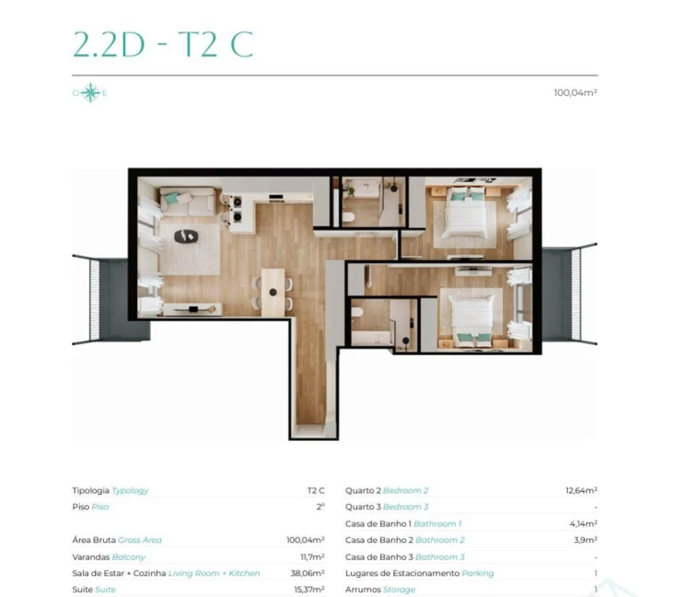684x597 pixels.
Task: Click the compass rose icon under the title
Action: pos(90,93)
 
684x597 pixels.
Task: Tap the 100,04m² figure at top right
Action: pos(575,93)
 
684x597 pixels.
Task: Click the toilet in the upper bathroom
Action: pos(348,216)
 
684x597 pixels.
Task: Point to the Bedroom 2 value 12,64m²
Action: pos(581,491)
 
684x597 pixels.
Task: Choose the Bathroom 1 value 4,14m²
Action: pos(583,524)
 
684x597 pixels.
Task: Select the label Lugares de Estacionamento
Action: pos(394,573)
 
